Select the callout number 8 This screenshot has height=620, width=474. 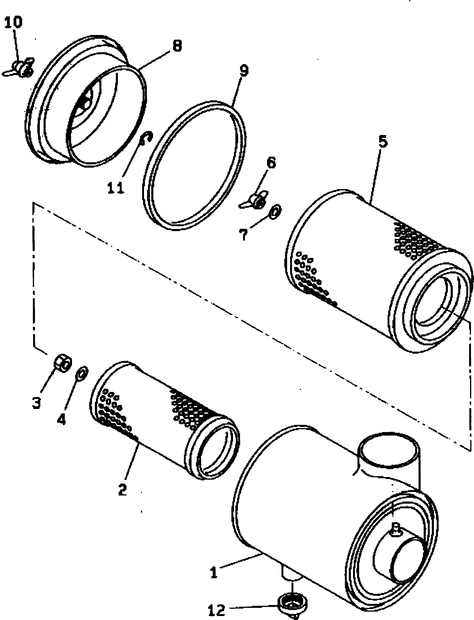pos(177,46)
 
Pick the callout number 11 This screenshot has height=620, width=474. pos(116,187)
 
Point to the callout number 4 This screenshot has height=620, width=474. pos(61,420)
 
